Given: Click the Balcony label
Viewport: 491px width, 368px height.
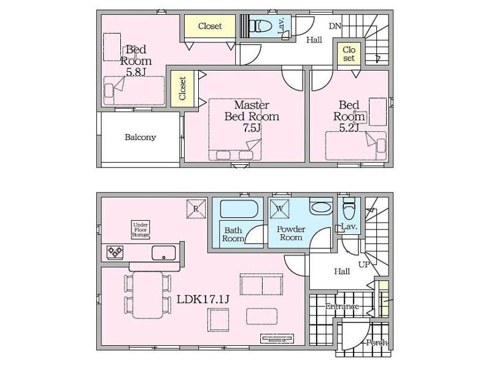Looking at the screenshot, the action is coord(140,137).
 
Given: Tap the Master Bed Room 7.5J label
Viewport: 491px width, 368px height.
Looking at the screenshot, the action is coord(252,116).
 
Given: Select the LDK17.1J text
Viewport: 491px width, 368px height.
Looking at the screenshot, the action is coord(203,299).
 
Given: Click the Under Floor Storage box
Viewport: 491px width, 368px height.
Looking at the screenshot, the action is coord(141,230).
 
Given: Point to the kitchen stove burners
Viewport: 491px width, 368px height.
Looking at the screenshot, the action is coord(115,252).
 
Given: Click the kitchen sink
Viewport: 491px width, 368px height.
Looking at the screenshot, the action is coord(163,253).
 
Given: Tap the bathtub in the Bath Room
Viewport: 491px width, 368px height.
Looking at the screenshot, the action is coord(239,209).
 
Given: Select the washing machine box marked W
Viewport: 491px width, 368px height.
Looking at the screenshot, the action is coord(280,209).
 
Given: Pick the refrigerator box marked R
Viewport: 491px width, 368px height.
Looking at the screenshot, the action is coord(196,209).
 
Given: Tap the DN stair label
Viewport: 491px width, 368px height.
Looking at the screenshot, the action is coord(334,26).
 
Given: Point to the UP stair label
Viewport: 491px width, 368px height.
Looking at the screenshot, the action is coord(364,265).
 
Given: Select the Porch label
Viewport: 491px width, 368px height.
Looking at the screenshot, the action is coord(377,343).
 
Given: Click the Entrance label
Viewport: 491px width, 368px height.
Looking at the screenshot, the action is coord(342,305).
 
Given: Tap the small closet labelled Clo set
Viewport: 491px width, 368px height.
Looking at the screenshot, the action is coord(349,54).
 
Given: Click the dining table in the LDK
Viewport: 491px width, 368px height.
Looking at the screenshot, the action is coord(148,295).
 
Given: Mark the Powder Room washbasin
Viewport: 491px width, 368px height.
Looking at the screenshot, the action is coord(321,209).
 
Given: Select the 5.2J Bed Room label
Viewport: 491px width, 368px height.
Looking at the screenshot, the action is coord(349,116).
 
